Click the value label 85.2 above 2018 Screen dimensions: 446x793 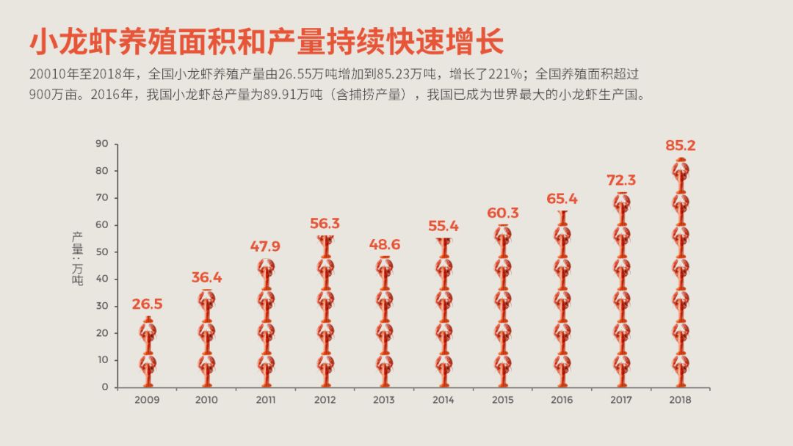tap(680, 145)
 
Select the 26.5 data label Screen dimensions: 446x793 tap(148, 304)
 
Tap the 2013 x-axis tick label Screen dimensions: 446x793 tap(384, 400)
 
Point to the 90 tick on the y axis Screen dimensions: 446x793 tap(102, 144)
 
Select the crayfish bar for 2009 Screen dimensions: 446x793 tap(148, 352)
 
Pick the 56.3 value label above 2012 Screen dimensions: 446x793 tap(325, 223)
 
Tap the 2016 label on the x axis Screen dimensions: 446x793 tap(562, 400)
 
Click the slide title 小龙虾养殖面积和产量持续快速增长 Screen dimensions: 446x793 tap(267, 43)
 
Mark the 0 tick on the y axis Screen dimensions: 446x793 tap(105, 387)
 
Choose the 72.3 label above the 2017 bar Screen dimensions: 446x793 tap(620, 180)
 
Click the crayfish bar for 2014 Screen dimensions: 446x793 tap(443, 312)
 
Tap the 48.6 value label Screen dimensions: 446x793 tap(384, 244)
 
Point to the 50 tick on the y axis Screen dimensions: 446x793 tap(102, 252)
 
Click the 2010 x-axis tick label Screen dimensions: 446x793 tap(206, 400)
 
